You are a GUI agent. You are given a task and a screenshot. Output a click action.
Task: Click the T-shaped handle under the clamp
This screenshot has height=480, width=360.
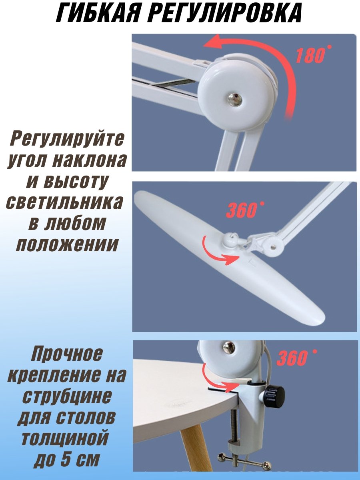click(x=244, y=463)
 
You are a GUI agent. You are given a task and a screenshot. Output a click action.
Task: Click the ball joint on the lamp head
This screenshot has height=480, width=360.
click(x=227, y=240)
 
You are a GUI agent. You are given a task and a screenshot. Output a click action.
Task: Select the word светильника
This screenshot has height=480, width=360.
click(x=64, y=202)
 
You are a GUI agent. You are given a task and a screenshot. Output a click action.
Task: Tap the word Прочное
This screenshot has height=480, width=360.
click(x=67, y=355)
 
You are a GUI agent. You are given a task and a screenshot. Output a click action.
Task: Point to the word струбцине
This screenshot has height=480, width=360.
click(x=67, y=396)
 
